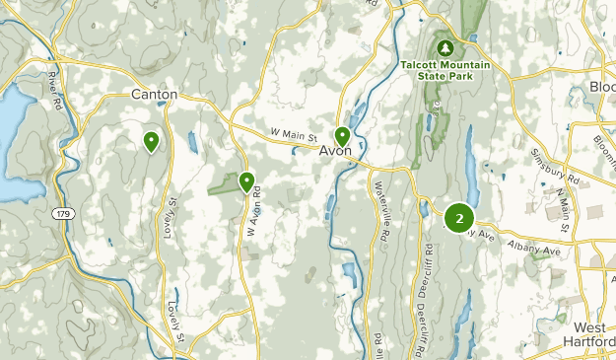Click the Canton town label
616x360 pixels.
155,95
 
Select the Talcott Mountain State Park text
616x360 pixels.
445,72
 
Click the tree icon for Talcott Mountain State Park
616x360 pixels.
445,47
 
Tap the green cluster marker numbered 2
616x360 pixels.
459,217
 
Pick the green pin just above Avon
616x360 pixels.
342,135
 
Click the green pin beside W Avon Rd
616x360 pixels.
246,180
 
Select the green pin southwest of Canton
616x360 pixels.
151,141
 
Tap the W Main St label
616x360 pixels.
293,136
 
